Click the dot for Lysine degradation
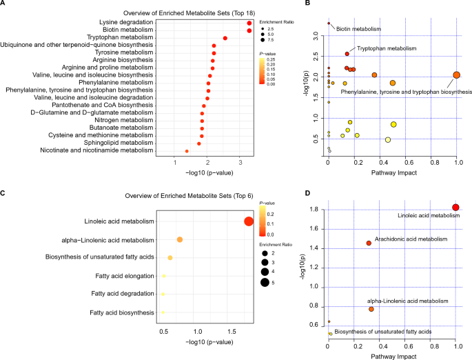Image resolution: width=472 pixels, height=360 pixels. coord(249,23)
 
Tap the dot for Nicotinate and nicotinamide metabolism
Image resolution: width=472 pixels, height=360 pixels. coord(187,151)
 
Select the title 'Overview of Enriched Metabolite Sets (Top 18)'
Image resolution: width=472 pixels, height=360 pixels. coord(180,13)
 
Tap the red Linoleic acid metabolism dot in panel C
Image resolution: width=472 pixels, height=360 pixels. coord(249,221)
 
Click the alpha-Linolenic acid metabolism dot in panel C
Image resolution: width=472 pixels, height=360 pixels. coord(179,239)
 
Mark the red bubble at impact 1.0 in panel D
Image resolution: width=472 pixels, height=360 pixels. coord(455,208)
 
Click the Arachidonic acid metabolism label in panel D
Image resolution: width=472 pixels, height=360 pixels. coord(411,239)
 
